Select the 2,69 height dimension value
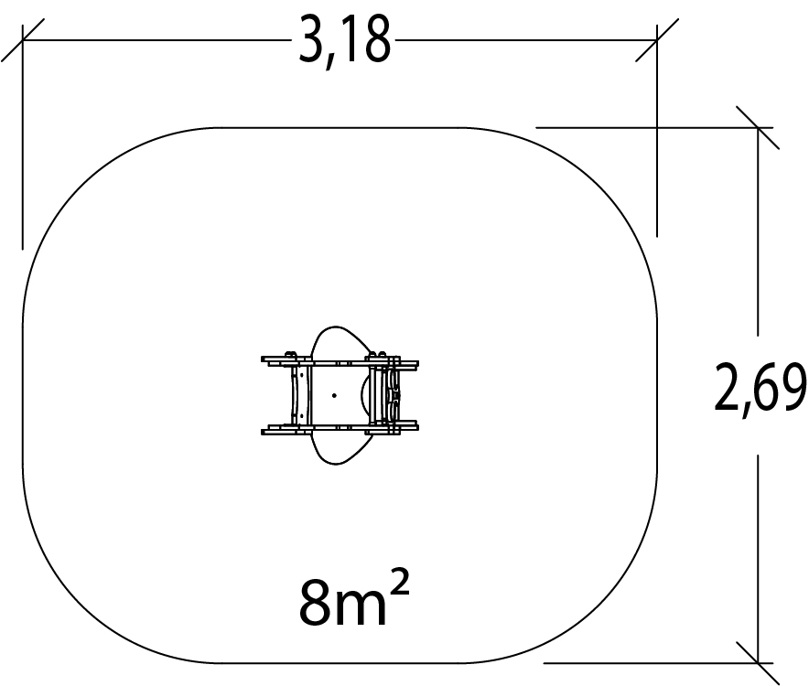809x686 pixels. tap(760, 387)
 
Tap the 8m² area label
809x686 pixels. tap(354, 599)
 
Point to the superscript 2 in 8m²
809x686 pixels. tap(399, 586)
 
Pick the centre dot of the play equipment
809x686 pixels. tap(334, 396)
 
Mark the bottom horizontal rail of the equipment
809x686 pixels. tap(340, 428)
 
